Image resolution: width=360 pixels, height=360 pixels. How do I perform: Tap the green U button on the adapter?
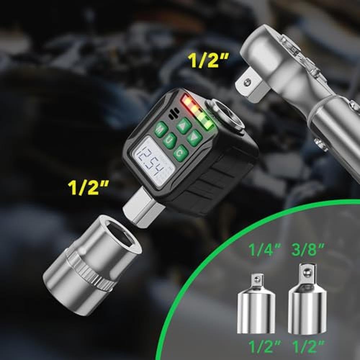click(170, 140)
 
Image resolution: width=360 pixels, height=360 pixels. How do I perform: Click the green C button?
click(181, 153)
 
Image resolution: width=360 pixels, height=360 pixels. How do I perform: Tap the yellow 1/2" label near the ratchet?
click(208, 60)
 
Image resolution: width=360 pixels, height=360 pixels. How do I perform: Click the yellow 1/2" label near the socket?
click(88, 187)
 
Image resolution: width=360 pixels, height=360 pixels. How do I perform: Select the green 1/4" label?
click(265, 249)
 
